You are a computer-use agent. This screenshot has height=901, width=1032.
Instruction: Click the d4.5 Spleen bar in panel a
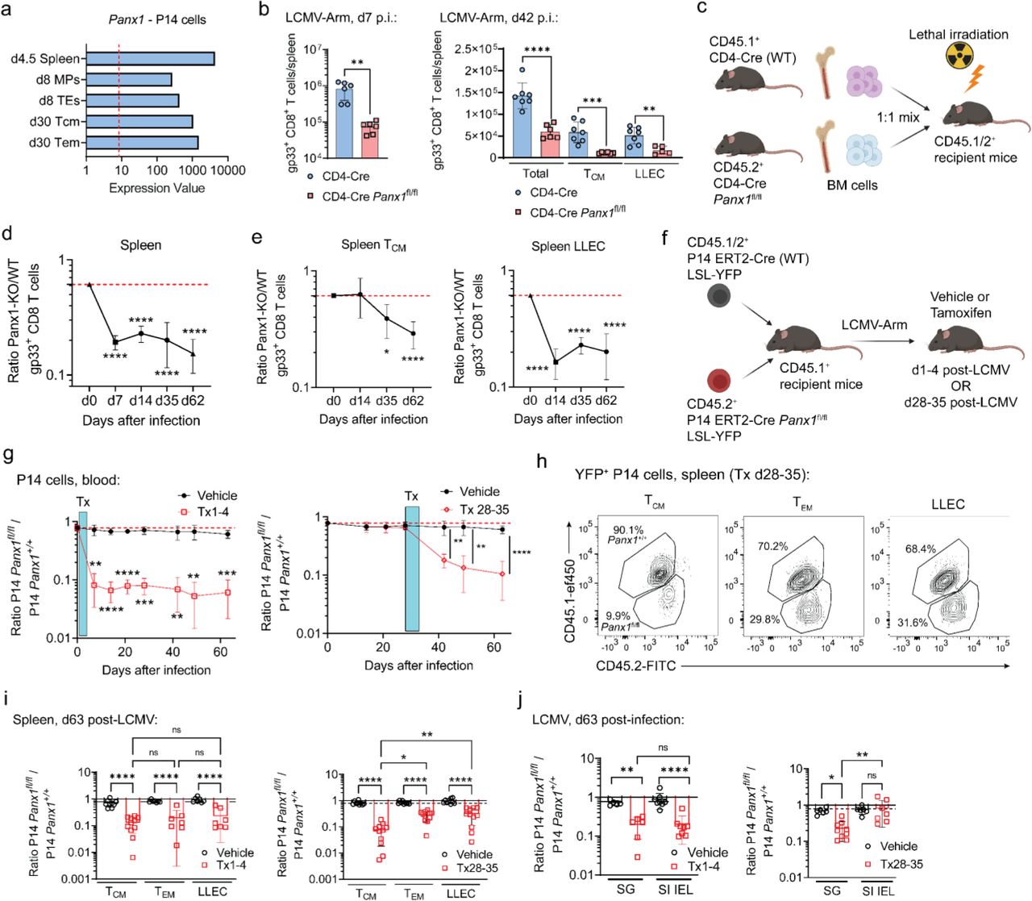(x=150, y=59)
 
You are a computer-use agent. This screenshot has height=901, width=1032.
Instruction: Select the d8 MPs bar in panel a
(x=129, y=80)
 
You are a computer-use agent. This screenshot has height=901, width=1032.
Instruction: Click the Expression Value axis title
(x=156, y=188)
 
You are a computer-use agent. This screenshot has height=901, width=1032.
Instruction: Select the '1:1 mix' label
(x=898, y=117)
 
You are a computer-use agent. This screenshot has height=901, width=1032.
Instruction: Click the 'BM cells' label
(x=852, y=185)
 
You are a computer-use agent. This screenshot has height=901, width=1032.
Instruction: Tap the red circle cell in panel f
(x=718, y=380)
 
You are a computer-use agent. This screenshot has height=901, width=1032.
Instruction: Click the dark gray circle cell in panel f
(x=718, y=296)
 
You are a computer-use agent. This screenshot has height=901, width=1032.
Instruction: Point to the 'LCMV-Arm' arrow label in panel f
(x=874, y=324)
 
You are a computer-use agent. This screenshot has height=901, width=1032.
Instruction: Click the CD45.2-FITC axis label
(x=635, y=665)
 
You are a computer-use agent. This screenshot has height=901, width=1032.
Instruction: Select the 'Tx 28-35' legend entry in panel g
(x=484, y=509)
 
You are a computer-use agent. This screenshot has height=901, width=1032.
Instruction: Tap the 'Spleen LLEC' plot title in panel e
(x=568, y=246)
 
